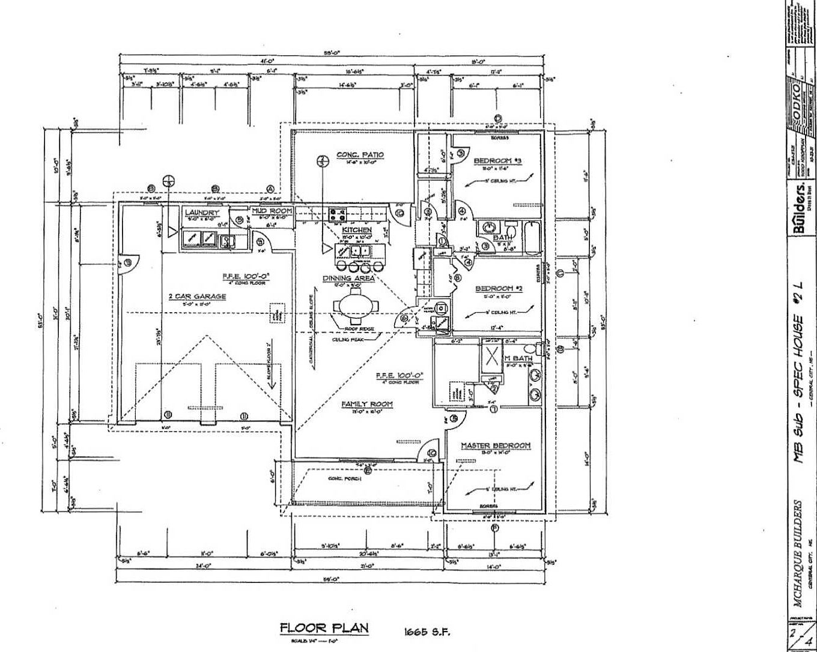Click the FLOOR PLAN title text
point(324,628)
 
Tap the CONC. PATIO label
point(360,155)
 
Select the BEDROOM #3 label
point(497,161)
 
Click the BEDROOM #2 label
point(499,289)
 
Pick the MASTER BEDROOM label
point(496,445)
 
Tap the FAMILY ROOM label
point(367,404)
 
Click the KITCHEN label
point(357,230)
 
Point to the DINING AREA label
point(348,278)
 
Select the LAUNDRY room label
point(202,213)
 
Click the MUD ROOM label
point(272,211)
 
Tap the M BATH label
point(518,358)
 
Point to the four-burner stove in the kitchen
point(337,213)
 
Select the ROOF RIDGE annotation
point(359,329)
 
